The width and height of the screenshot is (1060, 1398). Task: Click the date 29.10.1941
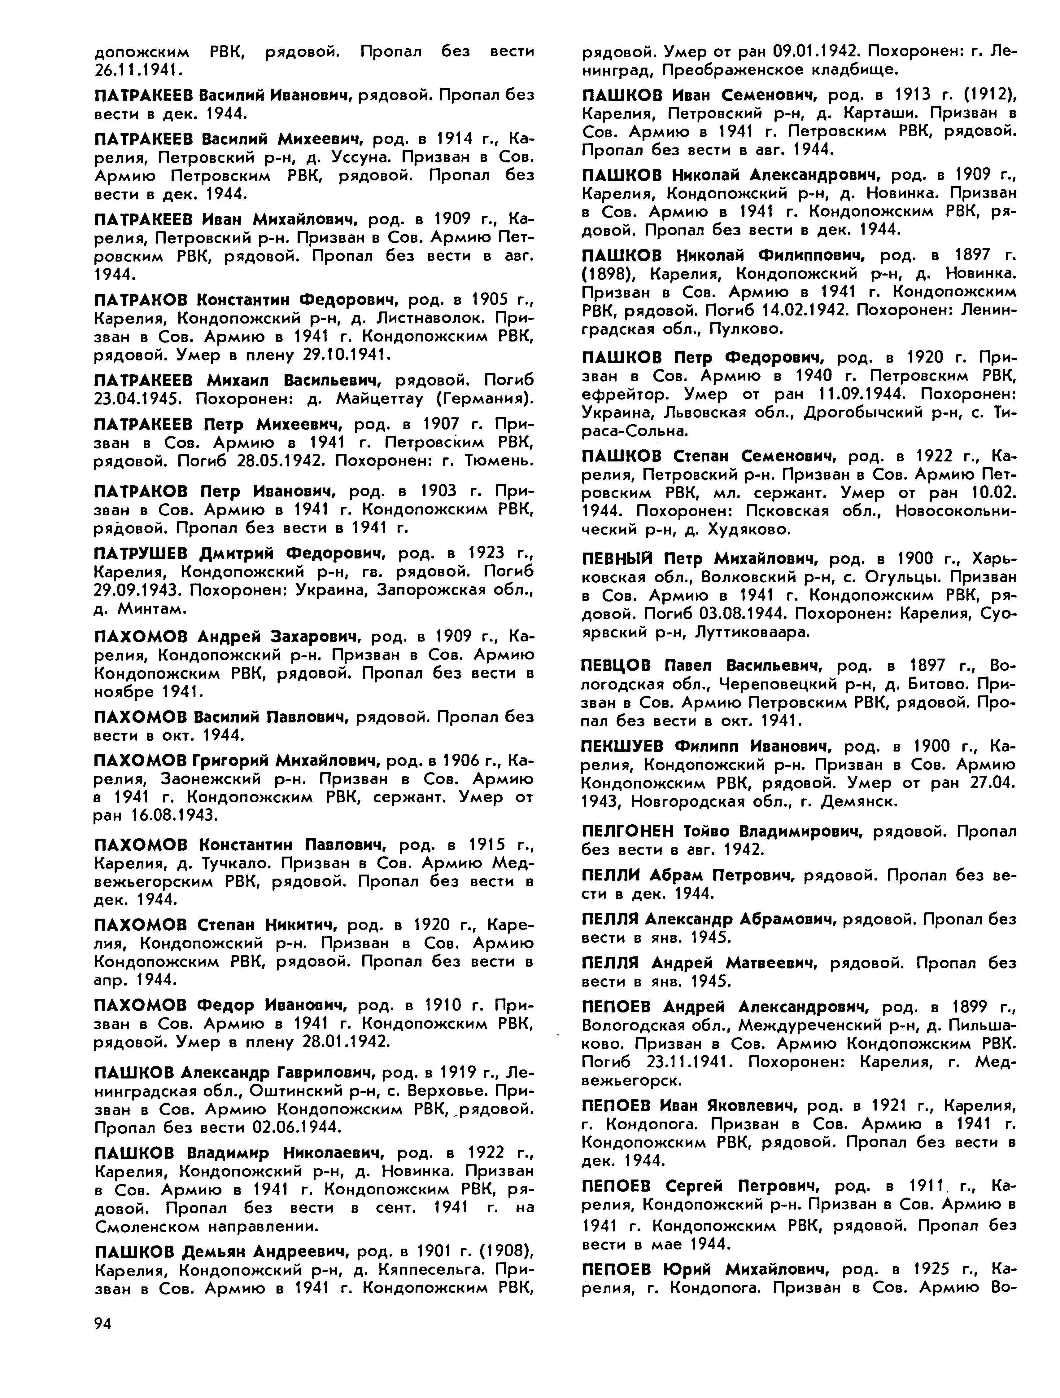click(x=344, y=355)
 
